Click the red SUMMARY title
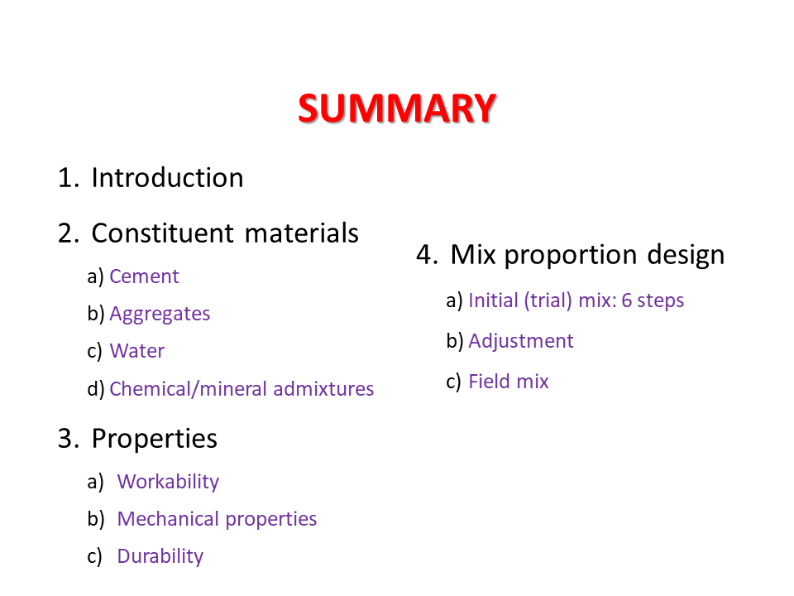(396, 108)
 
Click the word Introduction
(167, 178)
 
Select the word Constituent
(163, 233)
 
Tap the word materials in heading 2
(302, 233)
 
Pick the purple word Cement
(144, 276)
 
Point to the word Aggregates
(160, 315)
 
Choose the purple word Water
(137, 351)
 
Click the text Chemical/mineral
(189, 389)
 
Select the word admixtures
(323, 389)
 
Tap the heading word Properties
(155, 439)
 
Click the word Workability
(168, 482)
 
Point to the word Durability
(160, 556)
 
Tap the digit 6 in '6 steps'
(626, 300)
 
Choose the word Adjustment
(521, 341)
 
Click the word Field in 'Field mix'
(486, 381)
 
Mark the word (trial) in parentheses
(548, 300)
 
